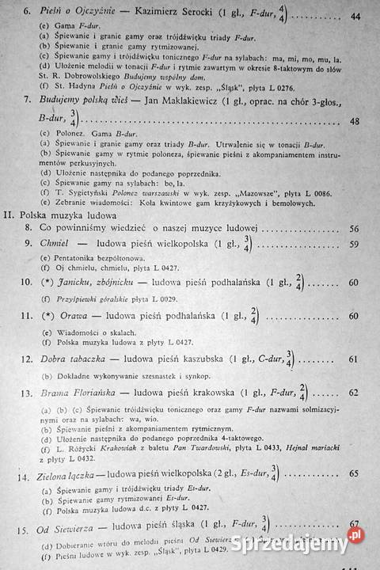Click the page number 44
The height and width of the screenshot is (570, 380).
[x=354, y=16]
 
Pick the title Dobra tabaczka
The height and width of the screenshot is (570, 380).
[x=74, y=359]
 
